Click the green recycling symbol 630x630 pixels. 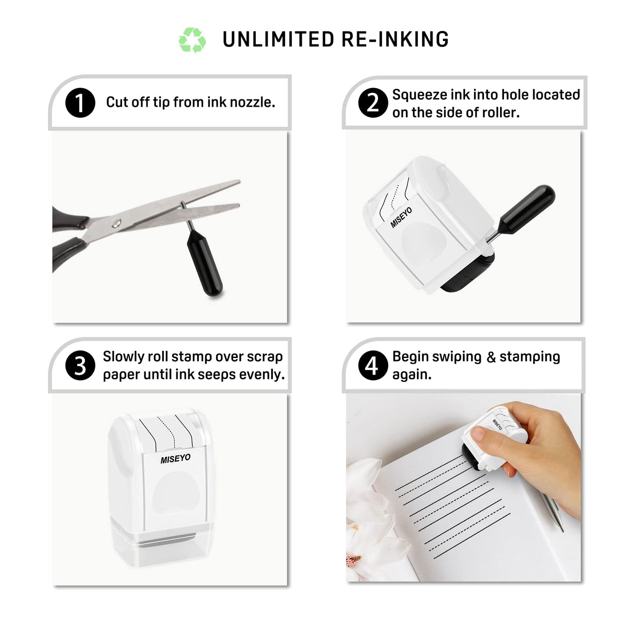point(192,40)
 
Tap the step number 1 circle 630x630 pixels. point(80,103)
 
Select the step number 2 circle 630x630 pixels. point(373,103)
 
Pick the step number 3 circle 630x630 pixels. point(80,365)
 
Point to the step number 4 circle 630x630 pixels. point(373,365)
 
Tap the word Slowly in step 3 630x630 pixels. point(123,357)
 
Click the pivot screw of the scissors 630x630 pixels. point(116,223)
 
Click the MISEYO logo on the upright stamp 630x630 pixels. point(175,459)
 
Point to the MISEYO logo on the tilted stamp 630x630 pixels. point(401,218)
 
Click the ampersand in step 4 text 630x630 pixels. point(491,358)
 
